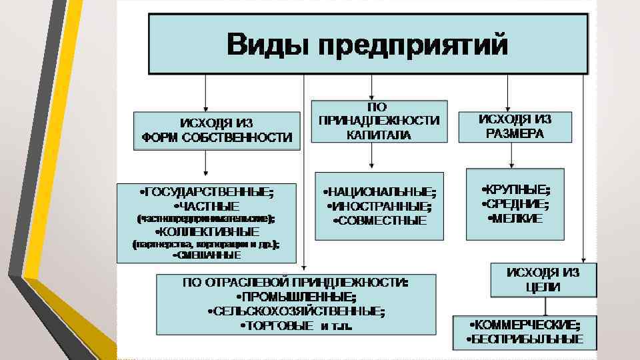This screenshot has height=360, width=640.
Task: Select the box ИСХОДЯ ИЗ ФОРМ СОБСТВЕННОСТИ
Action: tap(217, 131)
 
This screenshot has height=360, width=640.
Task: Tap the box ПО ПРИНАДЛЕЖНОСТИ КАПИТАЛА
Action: tap(379, 121)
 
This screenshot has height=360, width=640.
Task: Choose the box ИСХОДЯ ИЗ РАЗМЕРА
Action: tap(515, 126)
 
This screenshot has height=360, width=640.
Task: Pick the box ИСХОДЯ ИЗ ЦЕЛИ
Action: tap(543, 280)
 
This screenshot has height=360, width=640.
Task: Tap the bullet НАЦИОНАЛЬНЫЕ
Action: tap(379, 193)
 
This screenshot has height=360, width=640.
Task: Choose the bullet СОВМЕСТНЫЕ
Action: tap(379, 220)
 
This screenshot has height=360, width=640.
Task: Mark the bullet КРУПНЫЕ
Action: tap(515, 189)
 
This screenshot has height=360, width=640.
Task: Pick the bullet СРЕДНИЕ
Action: tap(515, 203)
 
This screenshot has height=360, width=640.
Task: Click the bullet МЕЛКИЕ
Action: tap(515, 218)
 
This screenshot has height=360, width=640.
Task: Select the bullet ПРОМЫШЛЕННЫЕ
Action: tap(296, 296)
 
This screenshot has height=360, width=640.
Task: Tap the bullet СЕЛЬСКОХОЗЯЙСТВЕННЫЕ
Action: tap(296, 311)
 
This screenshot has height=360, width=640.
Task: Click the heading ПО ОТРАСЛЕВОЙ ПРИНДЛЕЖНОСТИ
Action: tap(296, 282)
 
